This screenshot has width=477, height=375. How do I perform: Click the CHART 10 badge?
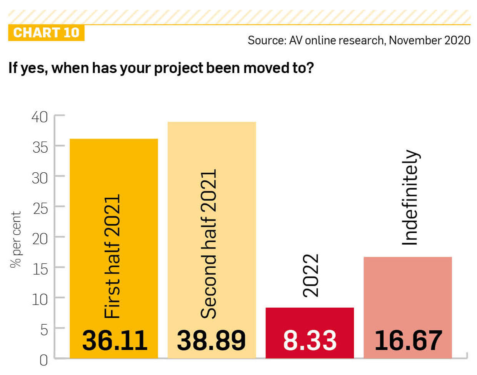[46, 33]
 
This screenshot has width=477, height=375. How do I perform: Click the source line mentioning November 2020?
[359, 40]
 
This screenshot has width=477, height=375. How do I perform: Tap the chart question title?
[161, 68]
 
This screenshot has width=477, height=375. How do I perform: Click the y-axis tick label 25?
[40, 208]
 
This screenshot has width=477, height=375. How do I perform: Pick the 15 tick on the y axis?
[40, 269]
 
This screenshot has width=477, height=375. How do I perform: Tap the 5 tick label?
[43, 330]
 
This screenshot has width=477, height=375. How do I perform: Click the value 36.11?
[115, 340]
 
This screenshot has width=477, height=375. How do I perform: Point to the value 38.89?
[211, 340]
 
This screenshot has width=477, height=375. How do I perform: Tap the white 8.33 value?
[310, 340]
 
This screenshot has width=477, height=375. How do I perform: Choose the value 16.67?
[408, 340]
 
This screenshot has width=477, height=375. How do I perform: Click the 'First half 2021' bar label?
[112, 256]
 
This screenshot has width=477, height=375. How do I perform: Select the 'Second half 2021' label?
[209, 244]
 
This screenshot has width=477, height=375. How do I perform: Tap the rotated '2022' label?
[310, 275]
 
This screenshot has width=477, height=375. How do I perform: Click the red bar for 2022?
[310, 319]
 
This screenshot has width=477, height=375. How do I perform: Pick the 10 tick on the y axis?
[40, 299]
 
